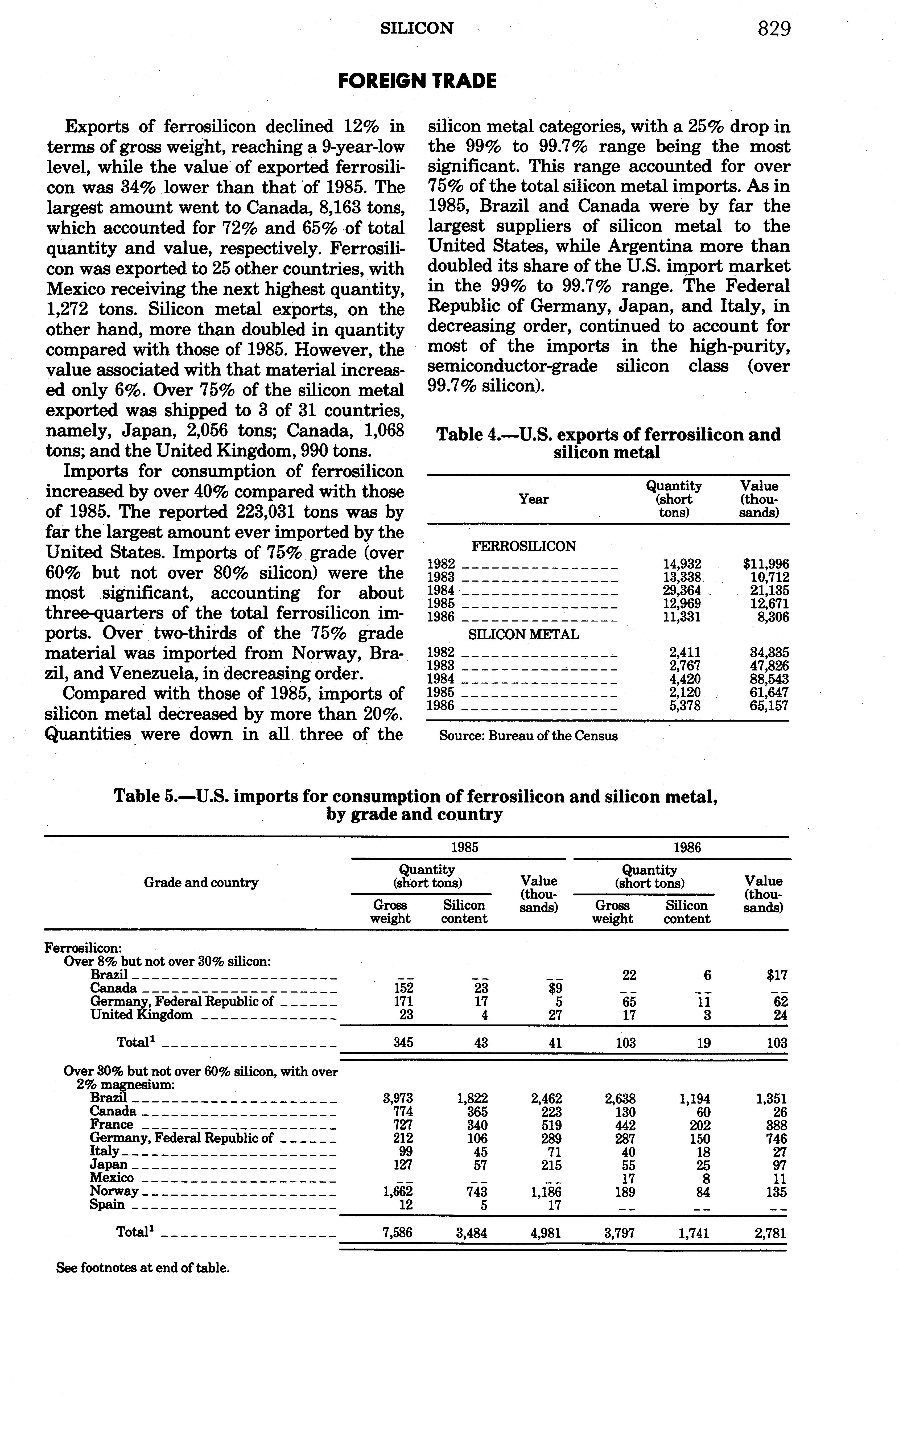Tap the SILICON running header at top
click(417, 28)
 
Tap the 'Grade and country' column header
click(201, 882)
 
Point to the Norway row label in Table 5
click(114, 1191)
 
